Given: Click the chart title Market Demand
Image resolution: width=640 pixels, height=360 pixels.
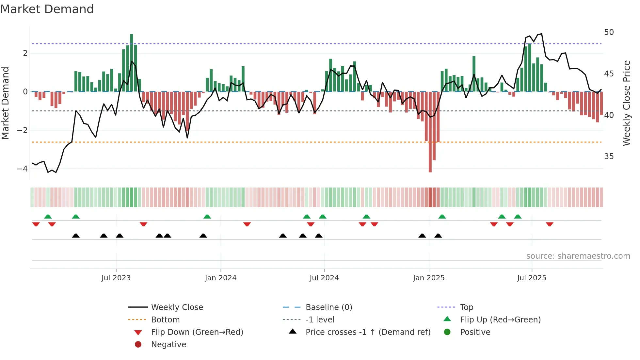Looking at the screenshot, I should (47, 9).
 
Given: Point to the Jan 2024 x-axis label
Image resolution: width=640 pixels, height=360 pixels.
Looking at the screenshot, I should (220, 278).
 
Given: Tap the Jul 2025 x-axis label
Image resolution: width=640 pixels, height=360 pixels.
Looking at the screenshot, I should (532, 278).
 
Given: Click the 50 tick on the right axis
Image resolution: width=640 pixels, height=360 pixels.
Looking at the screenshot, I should (609, 32).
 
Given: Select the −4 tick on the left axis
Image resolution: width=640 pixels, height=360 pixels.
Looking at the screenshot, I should (23, 169).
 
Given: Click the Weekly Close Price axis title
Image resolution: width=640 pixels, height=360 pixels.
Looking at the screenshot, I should (626, 103).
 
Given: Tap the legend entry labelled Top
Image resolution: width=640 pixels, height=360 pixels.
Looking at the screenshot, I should (467, 307).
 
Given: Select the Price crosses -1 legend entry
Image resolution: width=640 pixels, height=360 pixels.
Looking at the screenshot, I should (368, 332).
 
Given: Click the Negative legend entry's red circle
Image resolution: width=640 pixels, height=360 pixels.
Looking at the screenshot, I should (138, 345).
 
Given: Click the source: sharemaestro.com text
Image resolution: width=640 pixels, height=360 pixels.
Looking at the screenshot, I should (578, 256).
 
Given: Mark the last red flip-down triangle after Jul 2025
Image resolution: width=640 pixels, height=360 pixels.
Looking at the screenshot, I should (550, 224).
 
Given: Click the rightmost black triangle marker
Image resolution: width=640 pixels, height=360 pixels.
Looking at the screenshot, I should (438, 236).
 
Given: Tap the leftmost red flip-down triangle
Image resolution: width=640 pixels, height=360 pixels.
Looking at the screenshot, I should (36, 224).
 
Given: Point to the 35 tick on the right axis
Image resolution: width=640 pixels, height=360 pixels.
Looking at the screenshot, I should (609, 156).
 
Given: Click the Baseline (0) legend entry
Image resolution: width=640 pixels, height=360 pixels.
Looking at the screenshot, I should (328, 307).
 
